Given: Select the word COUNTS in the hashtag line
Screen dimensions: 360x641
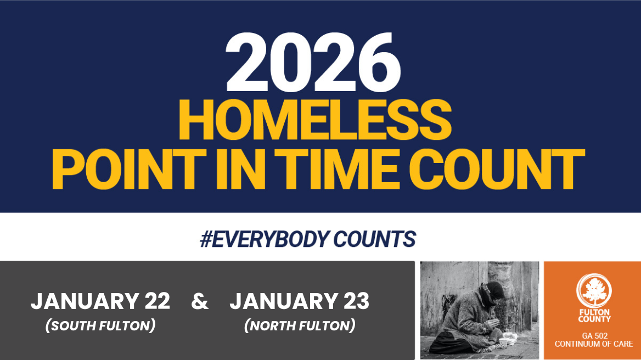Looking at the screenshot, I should coord(374,239).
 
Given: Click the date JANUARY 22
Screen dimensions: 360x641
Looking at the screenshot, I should coord(100,301).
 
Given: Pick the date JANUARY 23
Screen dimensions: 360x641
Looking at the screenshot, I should coord(299,301).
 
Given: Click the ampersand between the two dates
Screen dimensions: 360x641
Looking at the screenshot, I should coord(200,301).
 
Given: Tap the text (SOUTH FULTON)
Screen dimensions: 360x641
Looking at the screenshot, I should coord(100,325).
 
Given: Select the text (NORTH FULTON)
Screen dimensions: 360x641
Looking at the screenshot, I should coord(299,325).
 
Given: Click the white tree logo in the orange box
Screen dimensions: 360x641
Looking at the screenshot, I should coord(594,291).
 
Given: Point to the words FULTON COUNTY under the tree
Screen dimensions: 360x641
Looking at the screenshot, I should coord(594,316).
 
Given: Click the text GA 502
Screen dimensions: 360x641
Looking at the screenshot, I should coord(594,335).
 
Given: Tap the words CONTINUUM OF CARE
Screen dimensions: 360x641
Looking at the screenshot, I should coord(594,344).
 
